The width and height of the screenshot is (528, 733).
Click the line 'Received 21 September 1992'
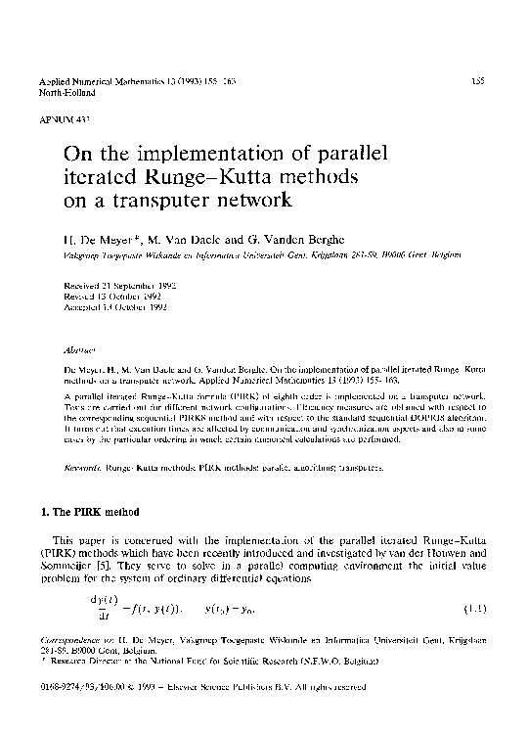(x=114, y=285)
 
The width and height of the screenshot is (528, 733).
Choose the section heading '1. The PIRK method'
(x=87, y=513)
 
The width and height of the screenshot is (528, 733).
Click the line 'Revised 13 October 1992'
(x=110, y=296)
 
